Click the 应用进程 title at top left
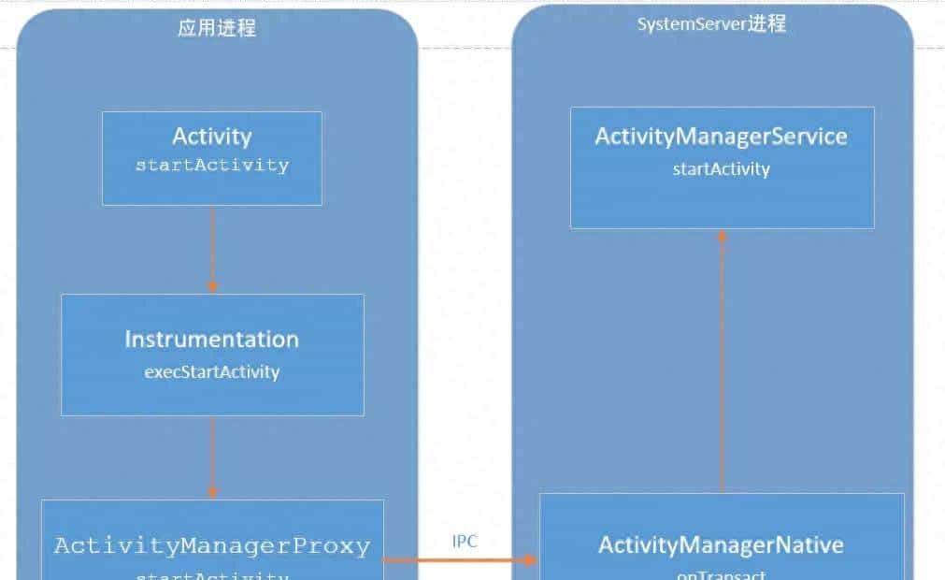click(x=216, y=28)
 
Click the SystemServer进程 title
click(x=711, y=24)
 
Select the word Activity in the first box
click(x=212, y=137)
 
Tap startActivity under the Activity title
click(x=212, y=166)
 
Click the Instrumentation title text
click(x=212, y=339)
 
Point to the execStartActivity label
click(x=212, y=371)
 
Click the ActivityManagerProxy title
click(x=212, y=545)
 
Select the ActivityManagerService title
click(x=721, y=137)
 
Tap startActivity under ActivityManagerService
click(x=721, y=169)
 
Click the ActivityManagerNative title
click(x=721, y=544)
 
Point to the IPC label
click(x=465, y=542)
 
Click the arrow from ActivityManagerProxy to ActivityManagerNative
click(x=458, y=559)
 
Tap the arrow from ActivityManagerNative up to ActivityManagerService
click(x=722, y=365)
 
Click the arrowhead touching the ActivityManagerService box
click(x=722, y=236)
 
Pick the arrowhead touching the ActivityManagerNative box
click(x=532, y=559)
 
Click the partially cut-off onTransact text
click(x=721, y=574)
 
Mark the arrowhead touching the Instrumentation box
click(x=212, y=286)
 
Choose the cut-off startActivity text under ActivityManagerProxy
click(x=212, y=574)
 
